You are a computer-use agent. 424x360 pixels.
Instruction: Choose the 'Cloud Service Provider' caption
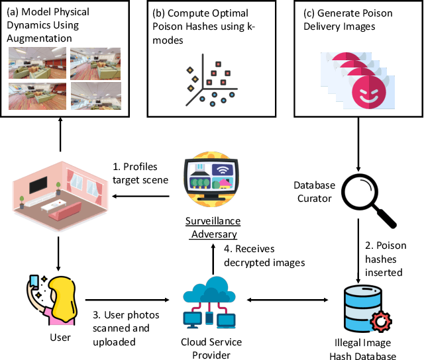click(x=211, y=349)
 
